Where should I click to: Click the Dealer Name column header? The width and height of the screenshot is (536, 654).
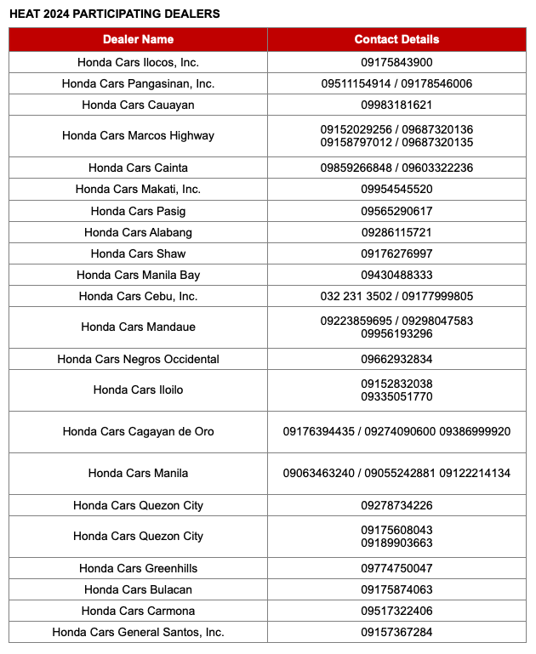[x=138, y=39]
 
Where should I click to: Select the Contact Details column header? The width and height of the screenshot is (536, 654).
[x=396, y=39]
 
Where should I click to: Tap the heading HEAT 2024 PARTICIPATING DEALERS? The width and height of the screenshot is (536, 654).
[x=114, y=14]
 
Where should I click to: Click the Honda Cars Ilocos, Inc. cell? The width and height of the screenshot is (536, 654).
[x=138, y=62]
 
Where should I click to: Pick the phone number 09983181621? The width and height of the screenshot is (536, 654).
[x=396, y=105]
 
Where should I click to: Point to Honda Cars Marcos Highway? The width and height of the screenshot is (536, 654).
[x=138, y=135]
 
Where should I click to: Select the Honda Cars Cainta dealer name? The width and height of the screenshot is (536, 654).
[x=138, y=168]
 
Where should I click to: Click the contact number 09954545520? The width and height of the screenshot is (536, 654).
[x=396, y=189]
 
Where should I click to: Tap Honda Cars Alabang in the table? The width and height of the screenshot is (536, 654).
[x=138, y=232]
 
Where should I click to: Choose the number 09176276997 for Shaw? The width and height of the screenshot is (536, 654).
[x=396, y=253]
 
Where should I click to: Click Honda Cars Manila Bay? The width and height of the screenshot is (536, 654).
[x=138, y=275]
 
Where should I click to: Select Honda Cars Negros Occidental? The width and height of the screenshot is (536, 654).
[x=138, y=359]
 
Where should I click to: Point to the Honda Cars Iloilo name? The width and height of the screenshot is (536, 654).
[x=138, y=390]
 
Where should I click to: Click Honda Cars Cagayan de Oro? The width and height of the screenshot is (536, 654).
[x=138, y=431]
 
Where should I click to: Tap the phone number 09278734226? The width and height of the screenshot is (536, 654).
[x=396, y=505]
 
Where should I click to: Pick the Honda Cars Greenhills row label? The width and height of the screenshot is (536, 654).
[x=138, y=568]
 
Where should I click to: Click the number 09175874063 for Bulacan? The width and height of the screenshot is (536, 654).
[x=396, y=589]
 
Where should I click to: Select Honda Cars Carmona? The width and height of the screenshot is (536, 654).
[x=138, y=611]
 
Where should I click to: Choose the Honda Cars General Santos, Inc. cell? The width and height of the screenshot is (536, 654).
[x=138, y=632]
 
